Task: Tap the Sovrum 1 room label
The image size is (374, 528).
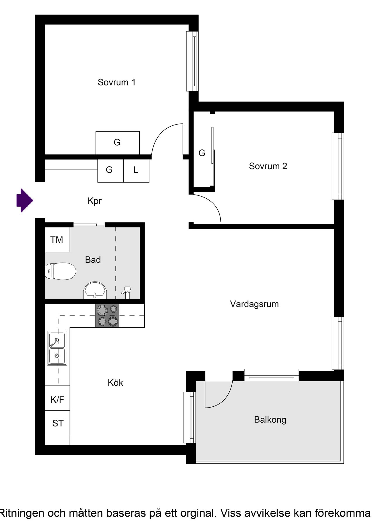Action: [117, 82]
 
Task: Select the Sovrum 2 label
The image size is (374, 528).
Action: [268, 166]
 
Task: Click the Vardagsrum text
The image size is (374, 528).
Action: [254, 304]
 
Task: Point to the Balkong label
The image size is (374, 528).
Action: [270, 419]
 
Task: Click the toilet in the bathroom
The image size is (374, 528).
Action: [60, 271]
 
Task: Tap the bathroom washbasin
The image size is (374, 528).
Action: [95, 291]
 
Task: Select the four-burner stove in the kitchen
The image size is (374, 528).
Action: [107, 316]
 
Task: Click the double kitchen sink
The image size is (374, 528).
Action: [57, 348]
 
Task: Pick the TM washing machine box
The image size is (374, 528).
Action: [57, 240]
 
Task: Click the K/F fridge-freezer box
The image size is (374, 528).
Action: [57, 399]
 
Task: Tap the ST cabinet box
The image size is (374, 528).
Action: [58, 423]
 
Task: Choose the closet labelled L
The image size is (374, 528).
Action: [136, 170]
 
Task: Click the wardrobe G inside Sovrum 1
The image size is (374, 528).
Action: [117, 143]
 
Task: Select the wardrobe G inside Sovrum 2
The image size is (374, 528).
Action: [202, 153]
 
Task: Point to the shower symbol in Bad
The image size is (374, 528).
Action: [127, 292]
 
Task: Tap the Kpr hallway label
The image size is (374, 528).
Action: [95, 201]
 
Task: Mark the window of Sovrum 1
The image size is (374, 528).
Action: [193, 61]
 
